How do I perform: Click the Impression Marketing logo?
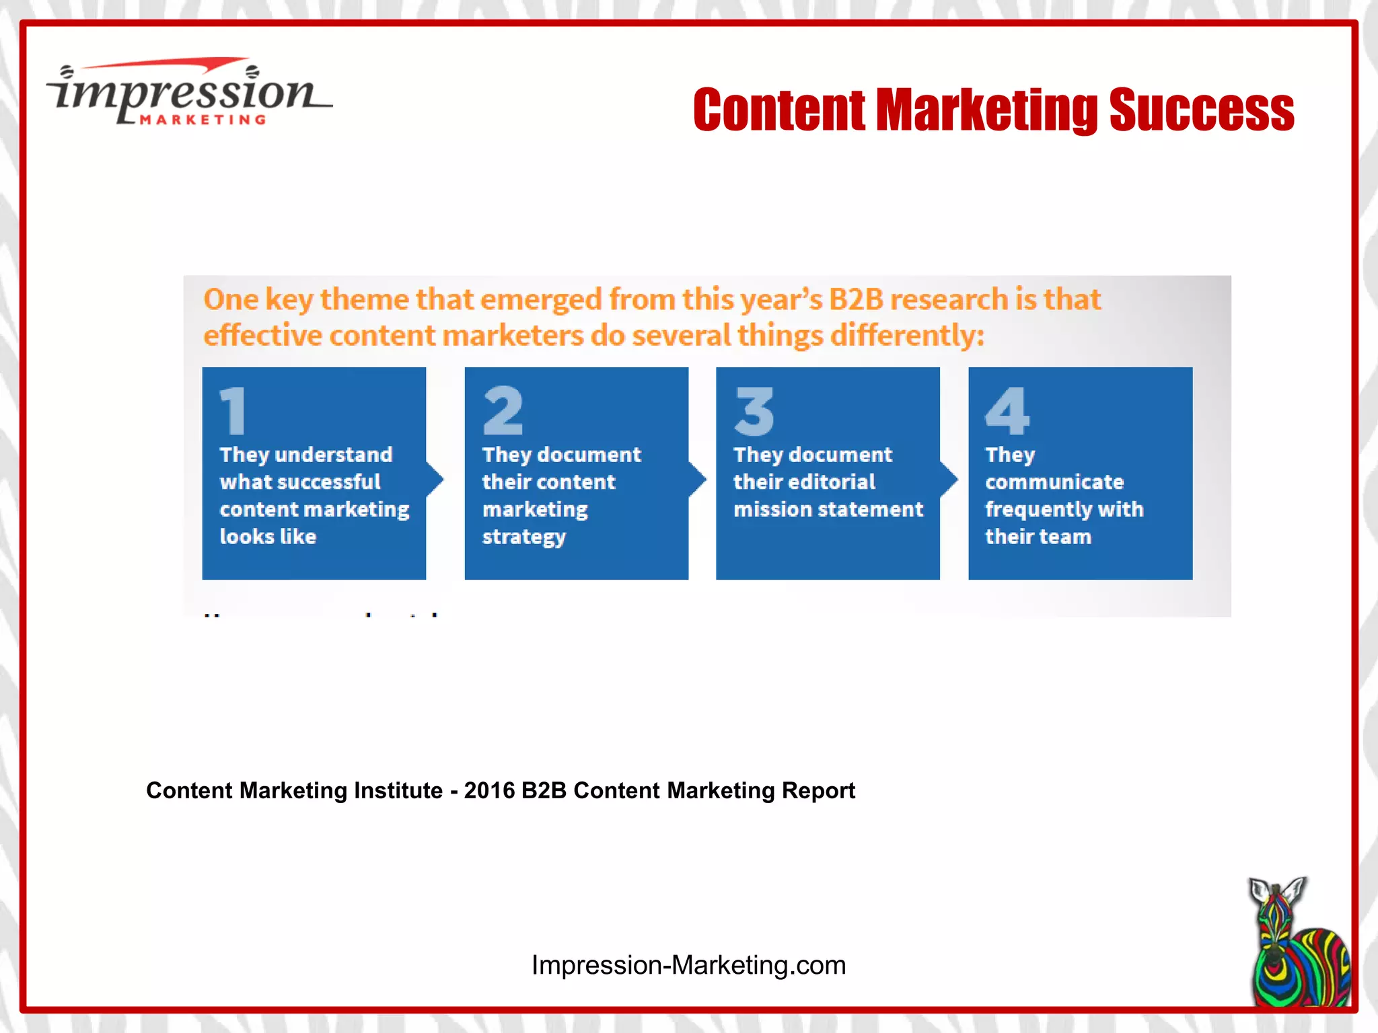click(188, 93)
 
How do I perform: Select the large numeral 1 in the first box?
click(233, 410)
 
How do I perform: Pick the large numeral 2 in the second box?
click(503, 410)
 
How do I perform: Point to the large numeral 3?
click(754, 411)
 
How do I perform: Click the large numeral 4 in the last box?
click(1007, 411)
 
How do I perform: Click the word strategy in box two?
click(524, 537)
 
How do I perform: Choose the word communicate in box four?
click(1054, 482)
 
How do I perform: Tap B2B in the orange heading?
click(855, 299)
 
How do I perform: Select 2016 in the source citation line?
click(489, 790)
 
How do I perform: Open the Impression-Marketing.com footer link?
click(688, 965)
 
